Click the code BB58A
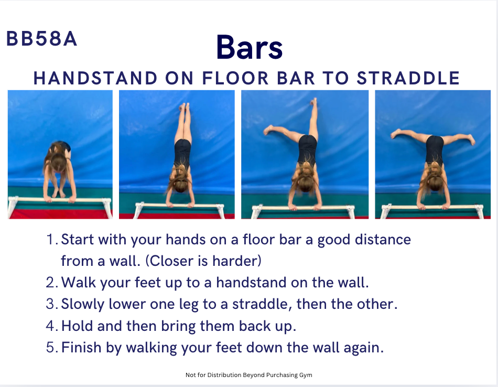point(41,39)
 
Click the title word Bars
point(250,48)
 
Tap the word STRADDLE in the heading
point(408,78)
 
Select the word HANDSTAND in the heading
point(95,78)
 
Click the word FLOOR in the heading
point(235,78)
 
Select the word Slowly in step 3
point(83,304)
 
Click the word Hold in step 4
point(77,326)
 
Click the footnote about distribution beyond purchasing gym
point(248,375)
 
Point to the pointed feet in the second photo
point(184,107)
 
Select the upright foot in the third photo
point(314,102)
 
